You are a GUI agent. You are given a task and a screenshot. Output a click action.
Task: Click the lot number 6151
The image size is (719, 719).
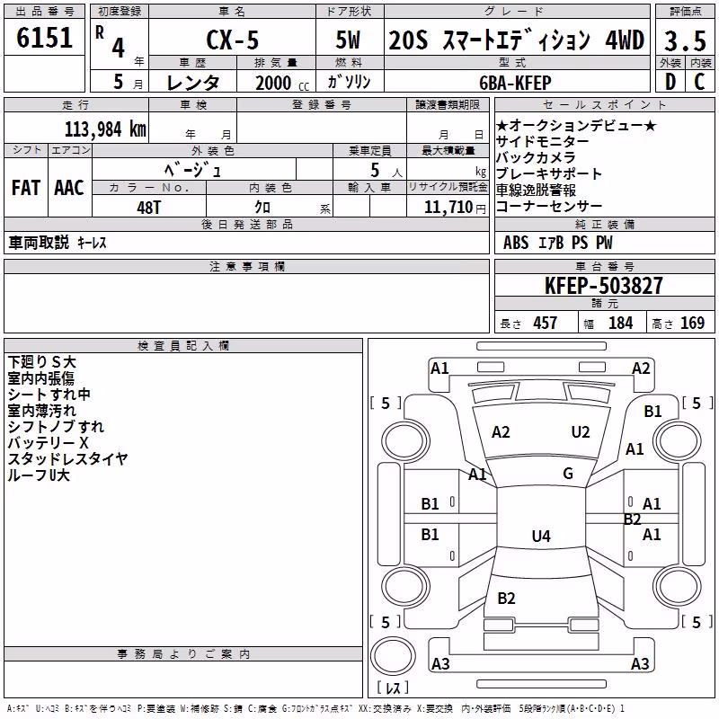[44, 38]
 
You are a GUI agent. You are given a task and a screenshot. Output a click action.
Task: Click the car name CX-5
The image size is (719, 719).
[233, 40]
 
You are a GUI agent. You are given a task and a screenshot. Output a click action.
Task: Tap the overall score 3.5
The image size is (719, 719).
[685, 41]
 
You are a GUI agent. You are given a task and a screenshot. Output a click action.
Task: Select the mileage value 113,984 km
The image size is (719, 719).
[105, 129]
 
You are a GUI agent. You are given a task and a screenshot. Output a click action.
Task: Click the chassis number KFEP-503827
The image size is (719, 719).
[604, 286]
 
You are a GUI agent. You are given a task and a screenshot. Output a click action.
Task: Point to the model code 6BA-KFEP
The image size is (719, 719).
[515, 83]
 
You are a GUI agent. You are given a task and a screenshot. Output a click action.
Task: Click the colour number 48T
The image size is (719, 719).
[149, 208]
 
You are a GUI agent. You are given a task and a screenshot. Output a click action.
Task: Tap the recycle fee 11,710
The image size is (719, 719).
[448, 208]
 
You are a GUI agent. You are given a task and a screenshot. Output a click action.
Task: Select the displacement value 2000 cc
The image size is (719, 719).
[282, 84]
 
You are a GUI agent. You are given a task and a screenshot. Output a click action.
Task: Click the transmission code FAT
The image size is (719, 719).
[26, 188]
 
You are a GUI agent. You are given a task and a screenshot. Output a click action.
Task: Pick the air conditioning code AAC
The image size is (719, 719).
[69, 188]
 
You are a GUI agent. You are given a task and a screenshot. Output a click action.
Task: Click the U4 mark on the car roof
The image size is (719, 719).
[541, 536]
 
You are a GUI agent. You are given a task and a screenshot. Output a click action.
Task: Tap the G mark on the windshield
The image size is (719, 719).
[568, 474]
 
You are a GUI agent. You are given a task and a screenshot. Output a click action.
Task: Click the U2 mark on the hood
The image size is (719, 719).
[581, 432]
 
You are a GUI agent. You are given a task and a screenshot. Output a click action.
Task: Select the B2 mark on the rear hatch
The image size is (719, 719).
[506, 599]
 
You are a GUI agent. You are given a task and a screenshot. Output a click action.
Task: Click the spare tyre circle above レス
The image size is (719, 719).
[393, 656]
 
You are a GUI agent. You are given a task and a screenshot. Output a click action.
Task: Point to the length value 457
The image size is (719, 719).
[546, 324]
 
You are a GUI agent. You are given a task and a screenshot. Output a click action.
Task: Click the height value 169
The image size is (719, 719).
[692, 324]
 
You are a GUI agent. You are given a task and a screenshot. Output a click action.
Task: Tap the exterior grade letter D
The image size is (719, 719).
[670, 83]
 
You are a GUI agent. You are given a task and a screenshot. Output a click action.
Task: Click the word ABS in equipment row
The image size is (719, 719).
[516, 243]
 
